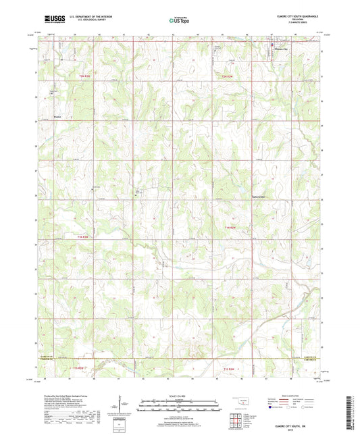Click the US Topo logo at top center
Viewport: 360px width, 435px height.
click(x=178, y=20)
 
